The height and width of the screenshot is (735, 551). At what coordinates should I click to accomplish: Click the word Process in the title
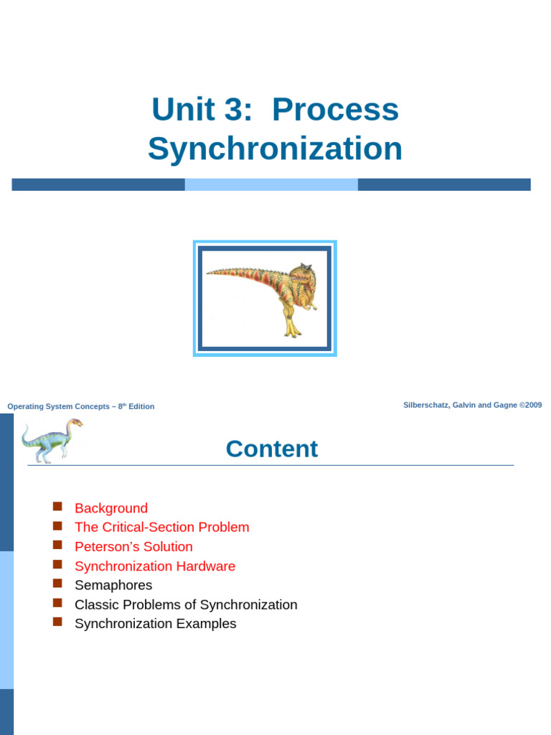click(x=335, y=110)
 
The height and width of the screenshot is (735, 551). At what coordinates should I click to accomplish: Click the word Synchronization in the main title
click(x=275, y=149)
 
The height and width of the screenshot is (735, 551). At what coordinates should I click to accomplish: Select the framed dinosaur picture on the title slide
click(x=265, y=298)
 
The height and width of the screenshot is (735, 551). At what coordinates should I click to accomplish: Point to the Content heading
click(x=271, y=449)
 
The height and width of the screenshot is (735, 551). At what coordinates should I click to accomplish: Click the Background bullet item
click(x=111, y=508)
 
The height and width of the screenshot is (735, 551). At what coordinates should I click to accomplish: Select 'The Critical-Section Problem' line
click(x=161, y=528)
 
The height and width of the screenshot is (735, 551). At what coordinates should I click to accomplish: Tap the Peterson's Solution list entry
click(x=133, y=547)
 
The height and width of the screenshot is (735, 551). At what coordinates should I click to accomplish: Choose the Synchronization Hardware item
click(x=155, y=566)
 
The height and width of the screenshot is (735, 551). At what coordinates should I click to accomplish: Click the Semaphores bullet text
click(x=113, y=586)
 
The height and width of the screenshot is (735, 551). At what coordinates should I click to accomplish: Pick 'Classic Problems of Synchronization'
click(x=186, y=605)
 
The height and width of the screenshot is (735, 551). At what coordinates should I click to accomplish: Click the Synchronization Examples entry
click(x=155, y=624)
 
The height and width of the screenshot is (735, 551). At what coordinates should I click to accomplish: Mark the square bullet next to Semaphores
click(x=58, y=584)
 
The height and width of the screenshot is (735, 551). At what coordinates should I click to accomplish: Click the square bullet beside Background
click(x=58, y=507)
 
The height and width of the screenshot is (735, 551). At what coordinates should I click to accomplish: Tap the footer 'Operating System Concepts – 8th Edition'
click(x=80, y=406)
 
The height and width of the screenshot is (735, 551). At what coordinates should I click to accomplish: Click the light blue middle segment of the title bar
click(x=271, y=184)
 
